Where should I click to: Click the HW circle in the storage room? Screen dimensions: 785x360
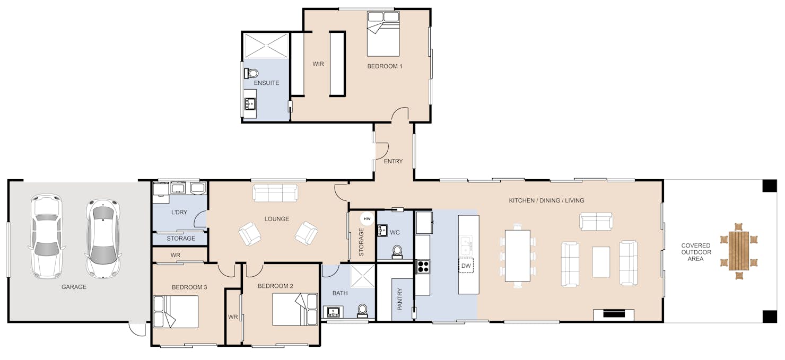[367, 219]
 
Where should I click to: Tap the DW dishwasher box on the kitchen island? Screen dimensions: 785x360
[466, 266]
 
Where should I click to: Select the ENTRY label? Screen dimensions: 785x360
[393, 161]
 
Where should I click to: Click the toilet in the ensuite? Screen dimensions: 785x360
[251, 74]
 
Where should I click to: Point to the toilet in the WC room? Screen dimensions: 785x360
[397, 252]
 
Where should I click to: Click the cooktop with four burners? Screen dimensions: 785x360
[423, 267]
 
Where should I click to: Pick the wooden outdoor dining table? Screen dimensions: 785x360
[739, 251]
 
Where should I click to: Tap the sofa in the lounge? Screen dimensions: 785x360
[275, 193]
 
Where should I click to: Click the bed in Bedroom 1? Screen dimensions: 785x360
[383, 33]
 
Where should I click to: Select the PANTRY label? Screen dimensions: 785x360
[400, 299]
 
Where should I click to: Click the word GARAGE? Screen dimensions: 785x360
[74, 287]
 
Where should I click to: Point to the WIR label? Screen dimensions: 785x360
[318, 64]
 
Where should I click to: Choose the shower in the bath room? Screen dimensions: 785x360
[363, 276]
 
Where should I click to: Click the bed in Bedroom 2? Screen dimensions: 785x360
[295, 309]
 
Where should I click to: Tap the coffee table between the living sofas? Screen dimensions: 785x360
[600, 262]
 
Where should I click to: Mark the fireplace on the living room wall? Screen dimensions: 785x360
[614, 314]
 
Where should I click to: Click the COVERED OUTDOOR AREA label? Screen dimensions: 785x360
[696, 252]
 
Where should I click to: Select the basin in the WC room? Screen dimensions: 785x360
[382, 231]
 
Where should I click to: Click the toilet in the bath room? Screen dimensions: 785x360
[362, 311]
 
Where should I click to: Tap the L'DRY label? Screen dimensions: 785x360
[179, 212]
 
